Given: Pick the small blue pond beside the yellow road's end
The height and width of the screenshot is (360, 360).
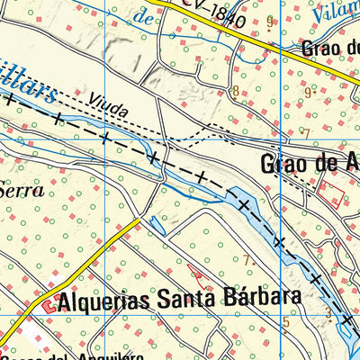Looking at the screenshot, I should click(157, 226).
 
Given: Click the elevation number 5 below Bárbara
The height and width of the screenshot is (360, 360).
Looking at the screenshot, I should click(286, 322).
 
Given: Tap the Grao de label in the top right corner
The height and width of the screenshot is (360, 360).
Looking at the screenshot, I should click(330, 47).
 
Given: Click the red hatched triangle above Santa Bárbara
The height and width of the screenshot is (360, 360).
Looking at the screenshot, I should click(196, 269).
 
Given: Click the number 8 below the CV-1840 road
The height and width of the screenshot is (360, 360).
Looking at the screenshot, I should click(236, 91).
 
